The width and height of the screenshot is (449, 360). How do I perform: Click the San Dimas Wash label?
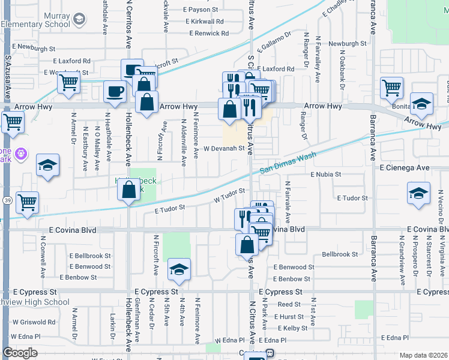(288, 163)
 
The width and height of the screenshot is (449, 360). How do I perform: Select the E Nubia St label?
(325, 175)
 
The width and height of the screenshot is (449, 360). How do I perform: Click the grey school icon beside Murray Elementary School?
(79, 20)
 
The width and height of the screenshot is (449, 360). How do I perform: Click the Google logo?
(20, 353)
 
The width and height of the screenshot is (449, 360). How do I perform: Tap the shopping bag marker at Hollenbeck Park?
(129, 190)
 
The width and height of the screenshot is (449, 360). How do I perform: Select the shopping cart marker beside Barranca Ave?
(391, 88)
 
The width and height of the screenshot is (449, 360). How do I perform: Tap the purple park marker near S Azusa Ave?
(22, 154)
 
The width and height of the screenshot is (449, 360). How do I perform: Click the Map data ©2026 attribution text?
(423, 355)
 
